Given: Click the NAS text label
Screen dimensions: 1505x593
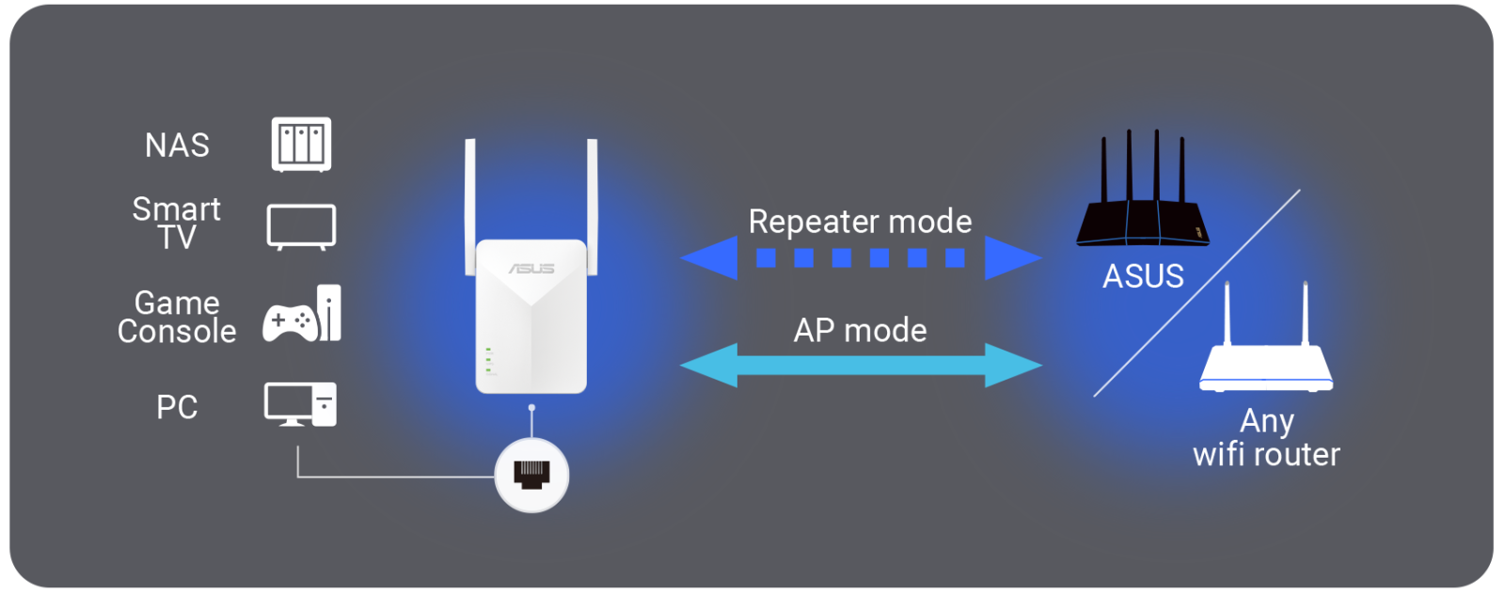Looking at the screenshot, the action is coord(178,145).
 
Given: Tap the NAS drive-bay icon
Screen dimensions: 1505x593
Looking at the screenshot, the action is coord(301,145).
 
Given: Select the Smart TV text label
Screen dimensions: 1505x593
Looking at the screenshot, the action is coord(177,223).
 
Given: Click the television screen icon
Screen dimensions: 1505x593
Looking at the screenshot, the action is coord(301,227).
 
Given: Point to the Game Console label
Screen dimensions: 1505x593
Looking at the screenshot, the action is coord(177,317).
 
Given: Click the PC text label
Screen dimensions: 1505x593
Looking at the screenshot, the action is coord(178,407).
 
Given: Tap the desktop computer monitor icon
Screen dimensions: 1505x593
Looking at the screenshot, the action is coord(288,404).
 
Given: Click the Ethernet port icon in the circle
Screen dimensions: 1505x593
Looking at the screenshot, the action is coord(531,476).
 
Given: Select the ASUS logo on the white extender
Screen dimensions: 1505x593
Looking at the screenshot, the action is coord(531,269).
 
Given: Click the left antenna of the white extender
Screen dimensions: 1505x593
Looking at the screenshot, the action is coord(470,207).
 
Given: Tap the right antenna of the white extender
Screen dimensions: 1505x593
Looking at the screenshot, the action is coord(593,207).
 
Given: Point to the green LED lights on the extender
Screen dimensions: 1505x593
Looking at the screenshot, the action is coord(489,361).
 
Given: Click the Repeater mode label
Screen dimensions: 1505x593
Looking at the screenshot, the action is coord(860,222).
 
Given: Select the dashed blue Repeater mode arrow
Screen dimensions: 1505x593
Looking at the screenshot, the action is coord(862,257).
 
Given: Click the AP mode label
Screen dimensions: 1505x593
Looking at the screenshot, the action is coord(860,331).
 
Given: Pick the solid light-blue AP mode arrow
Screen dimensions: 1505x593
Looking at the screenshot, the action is coord(862,366).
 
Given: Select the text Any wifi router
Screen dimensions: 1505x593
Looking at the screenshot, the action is coord(1266,438).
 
